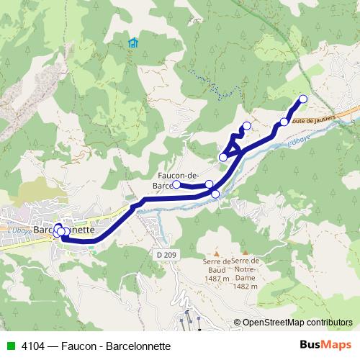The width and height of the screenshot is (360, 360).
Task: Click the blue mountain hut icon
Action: (133, 42)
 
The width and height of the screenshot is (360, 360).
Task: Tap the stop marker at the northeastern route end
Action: (302, 99)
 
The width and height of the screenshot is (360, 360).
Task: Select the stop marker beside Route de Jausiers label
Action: (284, 122)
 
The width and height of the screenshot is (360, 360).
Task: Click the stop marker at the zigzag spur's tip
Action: (247, 126)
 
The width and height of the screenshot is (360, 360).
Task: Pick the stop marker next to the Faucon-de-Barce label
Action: (176, 184)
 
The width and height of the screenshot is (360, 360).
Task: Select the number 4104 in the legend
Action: (32, 345)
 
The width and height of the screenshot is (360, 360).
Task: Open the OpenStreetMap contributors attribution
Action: (297, 323)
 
